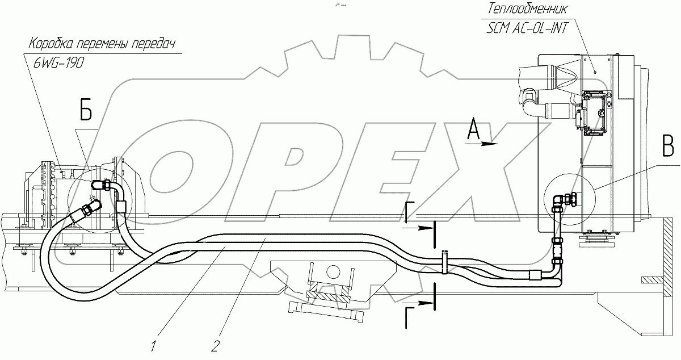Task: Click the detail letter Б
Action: click(85, 112)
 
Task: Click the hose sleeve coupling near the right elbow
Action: click(536, 275)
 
